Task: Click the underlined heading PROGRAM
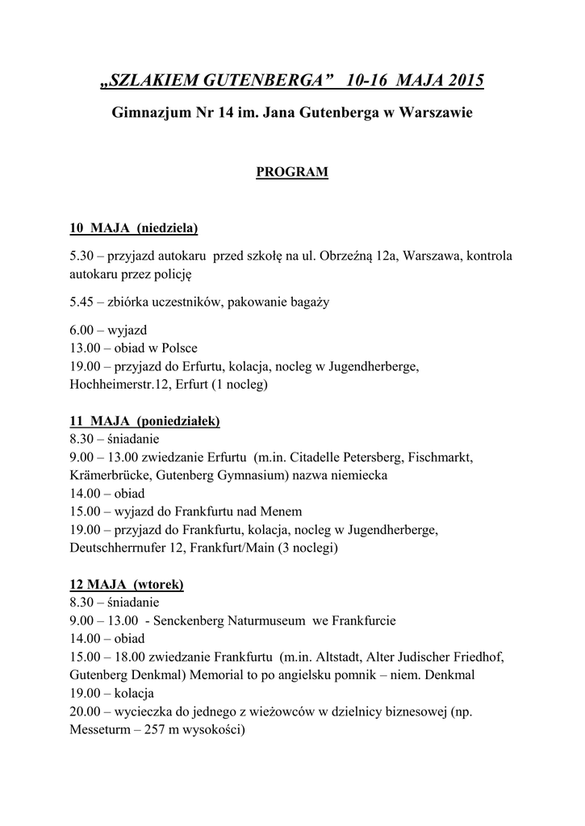tap(292, 172)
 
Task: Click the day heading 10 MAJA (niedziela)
tap(134, 228)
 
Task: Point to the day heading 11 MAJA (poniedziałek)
tap(145, 421)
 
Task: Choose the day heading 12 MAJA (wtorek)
tap(127, 583)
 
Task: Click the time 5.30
tap(82, 256)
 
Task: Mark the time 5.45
tap(82, 302)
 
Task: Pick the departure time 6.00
tap(82, 330)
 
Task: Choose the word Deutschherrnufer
tap(119, 548)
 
